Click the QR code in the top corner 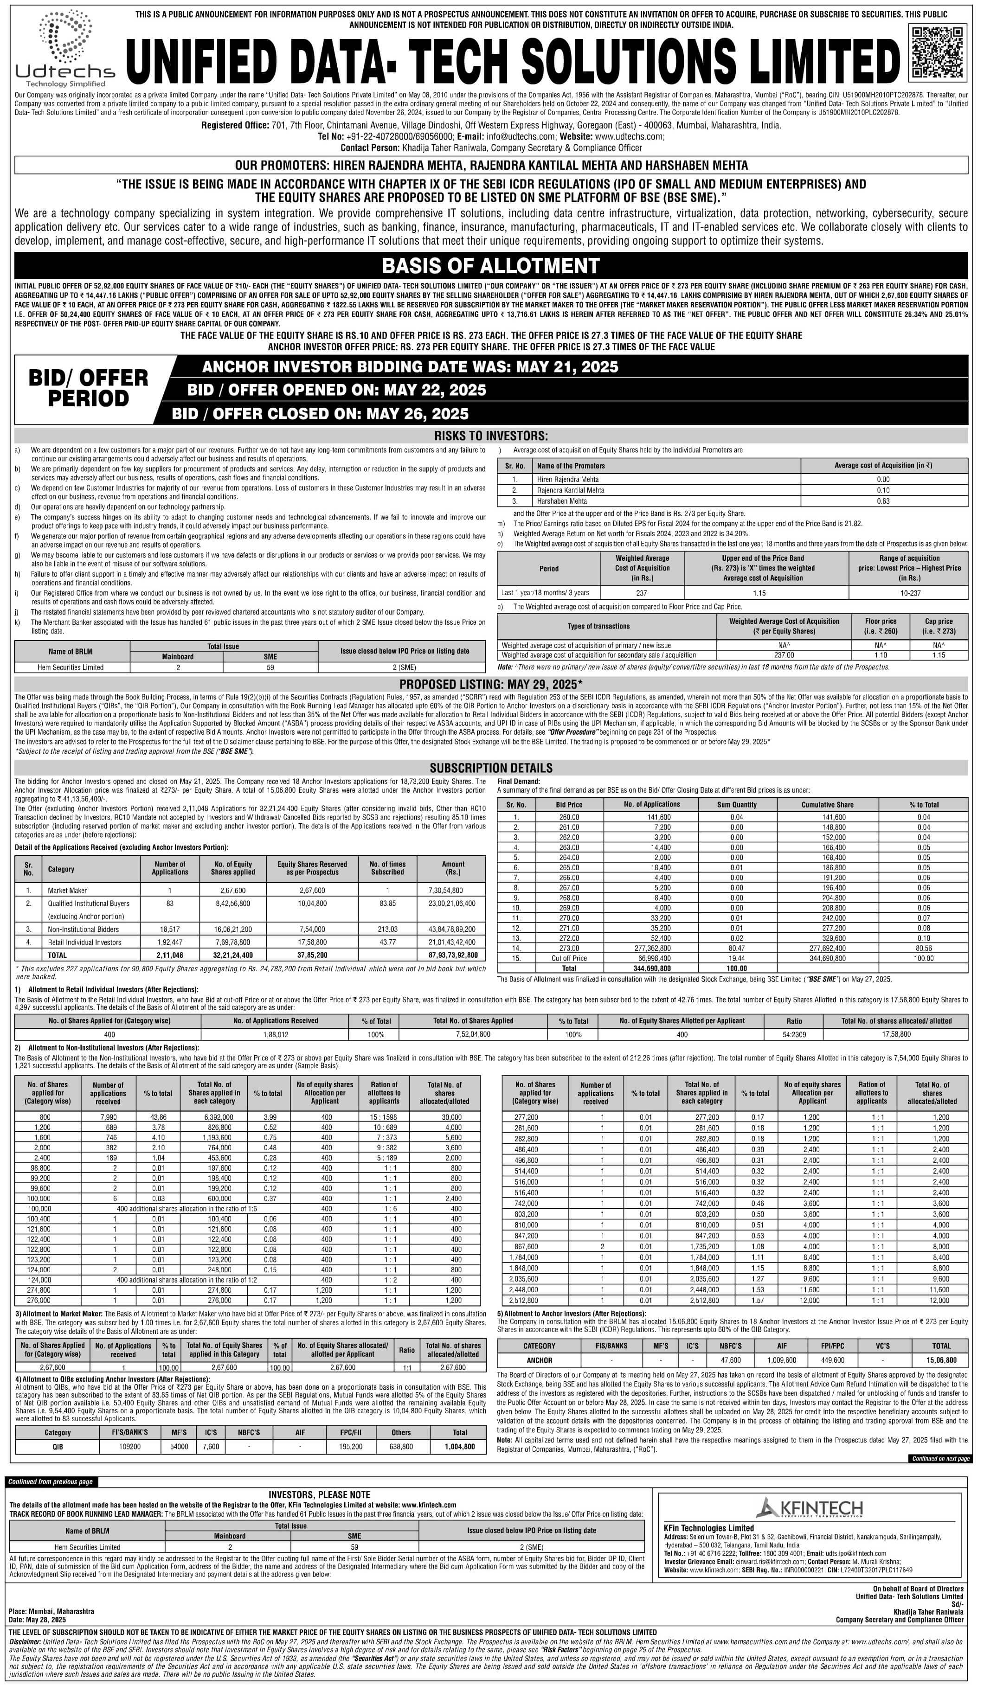coord(939,51)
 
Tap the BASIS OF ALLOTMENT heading coord(491,266)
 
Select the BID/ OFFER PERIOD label coord(88,388)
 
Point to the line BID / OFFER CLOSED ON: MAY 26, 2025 coord(320,413)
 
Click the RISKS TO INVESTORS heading coord(491,436)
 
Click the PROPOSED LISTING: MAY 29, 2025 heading coord(491,684)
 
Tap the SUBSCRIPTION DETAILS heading coord(491,768)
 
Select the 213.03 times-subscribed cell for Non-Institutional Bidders coord(387,930)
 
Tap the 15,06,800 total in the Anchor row coord(941,1360)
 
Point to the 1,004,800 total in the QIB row coord(459,1447)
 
